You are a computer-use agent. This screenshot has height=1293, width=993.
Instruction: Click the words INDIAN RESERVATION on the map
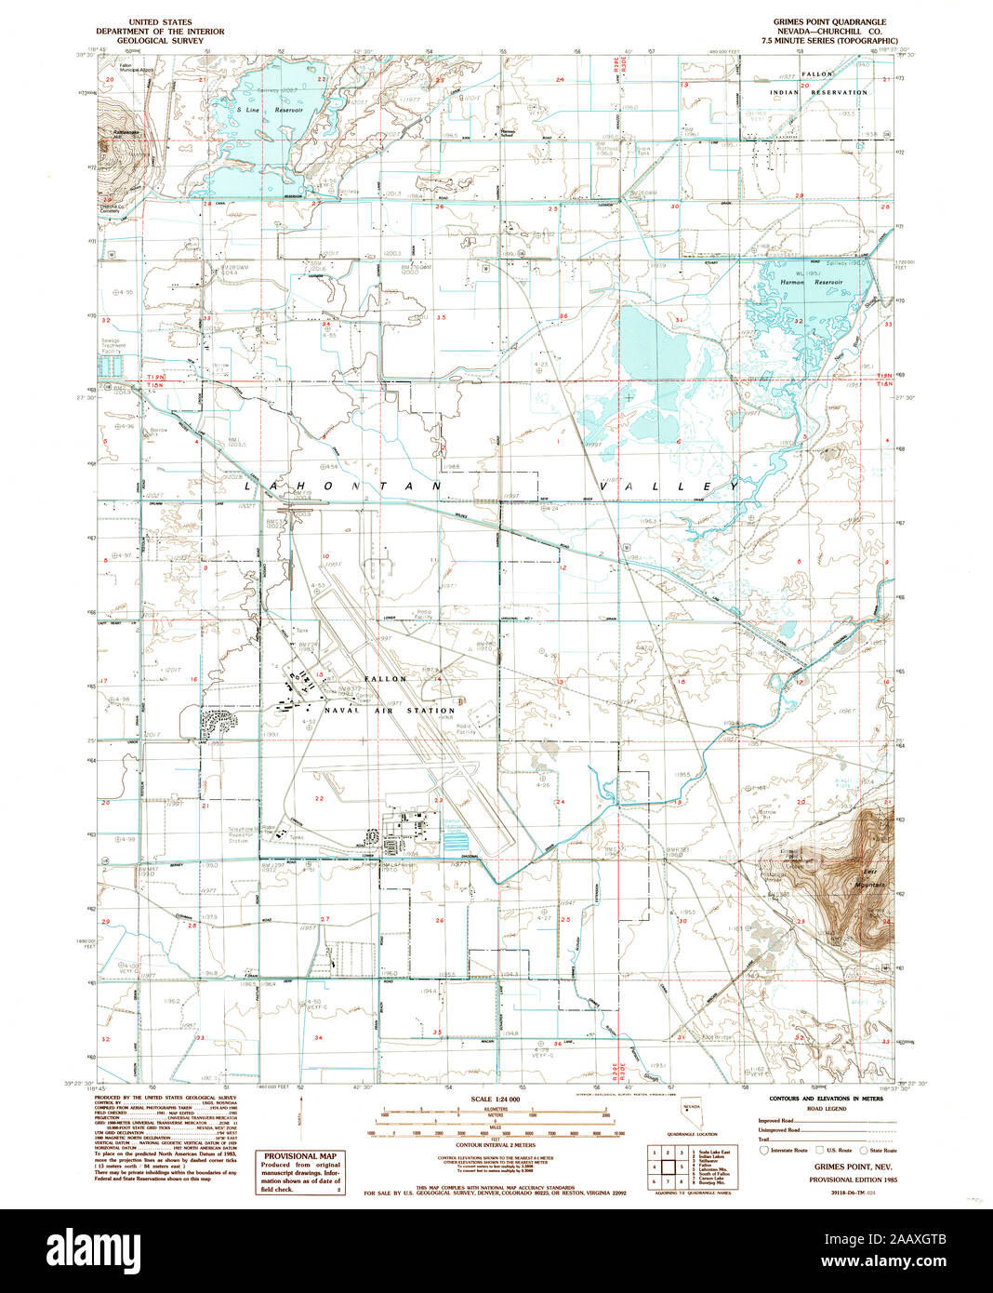click(x=818, y=92)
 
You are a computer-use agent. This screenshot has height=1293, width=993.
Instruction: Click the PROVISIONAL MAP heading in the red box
click(x=300, y=1156)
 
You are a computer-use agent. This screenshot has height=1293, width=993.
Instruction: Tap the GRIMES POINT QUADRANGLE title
click(x=829, y=21)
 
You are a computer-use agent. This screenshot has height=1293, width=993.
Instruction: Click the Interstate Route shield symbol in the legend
click(x=765, y=1150)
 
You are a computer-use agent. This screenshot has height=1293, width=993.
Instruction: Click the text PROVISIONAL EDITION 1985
click(x=853, y=1179)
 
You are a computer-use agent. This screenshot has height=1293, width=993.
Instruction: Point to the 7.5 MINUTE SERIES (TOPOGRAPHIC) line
click(x=836, y=41)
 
